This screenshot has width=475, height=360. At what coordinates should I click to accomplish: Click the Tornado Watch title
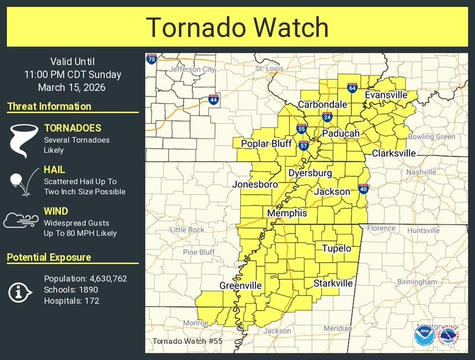(x=237, y=27)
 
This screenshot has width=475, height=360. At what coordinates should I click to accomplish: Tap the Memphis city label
(x=286, y=213)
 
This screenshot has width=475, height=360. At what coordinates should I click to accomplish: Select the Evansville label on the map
(x=386, y=95)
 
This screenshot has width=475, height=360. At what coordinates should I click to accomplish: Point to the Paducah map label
(x=340, y=133)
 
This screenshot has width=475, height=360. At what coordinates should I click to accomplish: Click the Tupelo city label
(x=336, y=248)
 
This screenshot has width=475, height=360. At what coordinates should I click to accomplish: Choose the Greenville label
(x=240, y=285)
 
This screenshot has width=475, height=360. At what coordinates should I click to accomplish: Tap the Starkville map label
(x=333, y=283)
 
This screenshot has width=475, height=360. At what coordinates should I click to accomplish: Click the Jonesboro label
(x=255, y=185)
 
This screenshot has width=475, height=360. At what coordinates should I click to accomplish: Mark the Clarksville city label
(x=393, y=153)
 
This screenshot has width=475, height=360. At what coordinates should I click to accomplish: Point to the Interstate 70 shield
(x=151, y=59)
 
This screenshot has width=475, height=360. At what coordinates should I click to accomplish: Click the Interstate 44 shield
(x=213, y=100)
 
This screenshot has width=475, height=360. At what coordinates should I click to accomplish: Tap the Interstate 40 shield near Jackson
(x=363, y=189)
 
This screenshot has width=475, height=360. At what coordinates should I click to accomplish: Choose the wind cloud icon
(x=21, y=222)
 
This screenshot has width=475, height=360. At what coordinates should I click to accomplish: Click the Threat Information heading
(x=49, y=106)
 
